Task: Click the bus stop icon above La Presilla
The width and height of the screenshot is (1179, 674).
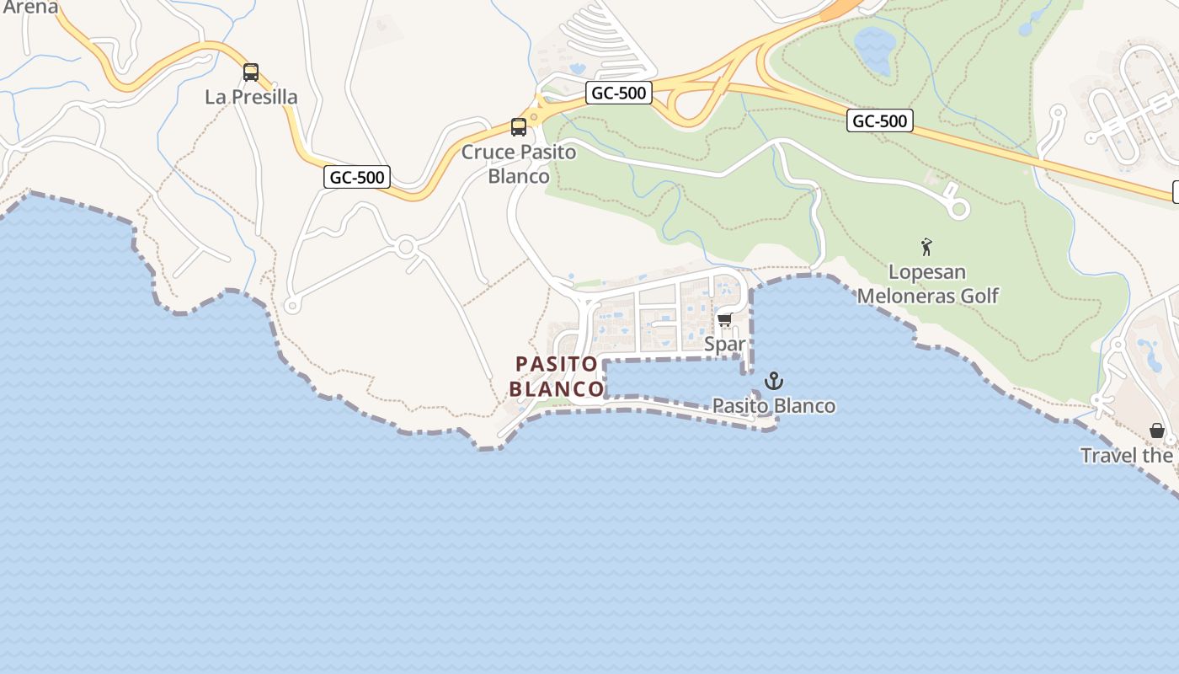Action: click(251, 72)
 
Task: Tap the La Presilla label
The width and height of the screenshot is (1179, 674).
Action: click(251, 97)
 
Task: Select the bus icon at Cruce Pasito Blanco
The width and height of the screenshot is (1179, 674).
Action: click(519, 127)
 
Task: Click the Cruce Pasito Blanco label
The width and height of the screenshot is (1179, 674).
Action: click(519, 164)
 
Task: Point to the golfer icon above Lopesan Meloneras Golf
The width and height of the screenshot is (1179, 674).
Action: click(926, 247)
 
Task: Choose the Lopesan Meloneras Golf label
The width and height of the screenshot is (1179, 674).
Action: click(927, 284)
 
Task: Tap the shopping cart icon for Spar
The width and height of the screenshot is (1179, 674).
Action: click(724, 320)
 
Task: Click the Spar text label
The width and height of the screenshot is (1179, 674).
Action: click(724, 344)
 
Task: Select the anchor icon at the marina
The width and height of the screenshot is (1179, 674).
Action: click(774, 381)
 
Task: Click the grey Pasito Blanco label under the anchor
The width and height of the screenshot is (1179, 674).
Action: click(774, 406)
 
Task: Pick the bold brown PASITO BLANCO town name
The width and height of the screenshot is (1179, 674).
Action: click(557, 376)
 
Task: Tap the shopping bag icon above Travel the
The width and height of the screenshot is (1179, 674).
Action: click(1157, 431)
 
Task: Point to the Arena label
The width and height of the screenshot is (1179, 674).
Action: click(30, 8)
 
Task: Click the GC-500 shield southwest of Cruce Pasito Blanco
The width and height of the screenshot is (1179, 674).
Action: click(357, 177)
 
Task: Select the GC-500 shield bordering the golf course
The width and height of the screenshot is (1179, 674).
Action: click(880, 121)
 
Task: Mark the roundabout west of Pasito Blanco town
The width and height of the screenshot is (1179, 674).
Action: click(406, 248)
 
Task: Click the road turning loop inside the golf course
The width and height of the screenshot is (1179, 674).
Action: click(958, 208)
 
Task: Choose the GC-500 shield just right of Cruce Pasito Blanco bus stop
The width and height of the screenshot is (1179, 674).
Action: click(619, 93)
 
